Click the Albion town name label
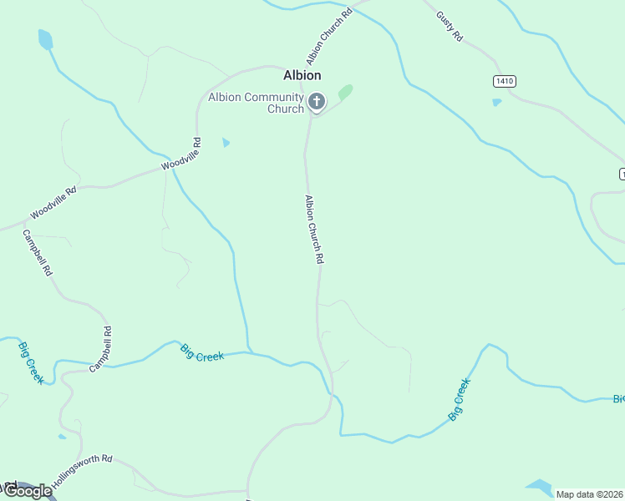(302, 75)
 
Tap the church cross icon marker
(317, 102)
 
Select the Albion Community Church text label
(256, 103)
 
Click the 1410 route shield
(504, 81)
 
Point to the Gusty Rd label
(449, 27)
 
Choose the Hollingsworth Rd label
(82, 473)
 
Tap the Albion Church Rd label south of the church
(314, 230)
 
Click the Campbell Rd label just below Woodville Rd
(38, 253)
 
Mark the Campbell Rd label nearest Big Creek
(101, 349)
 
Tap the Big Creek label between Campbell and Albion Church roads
(202, 354)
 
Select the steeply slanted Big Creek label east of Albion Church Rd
(460, 399)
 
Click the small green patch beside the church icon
(345, 91)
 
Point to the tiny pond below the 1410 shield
(497, 103)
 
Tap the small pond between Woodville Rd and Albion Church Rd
(226, 143)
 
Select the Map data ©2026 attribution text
(589, 494)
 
